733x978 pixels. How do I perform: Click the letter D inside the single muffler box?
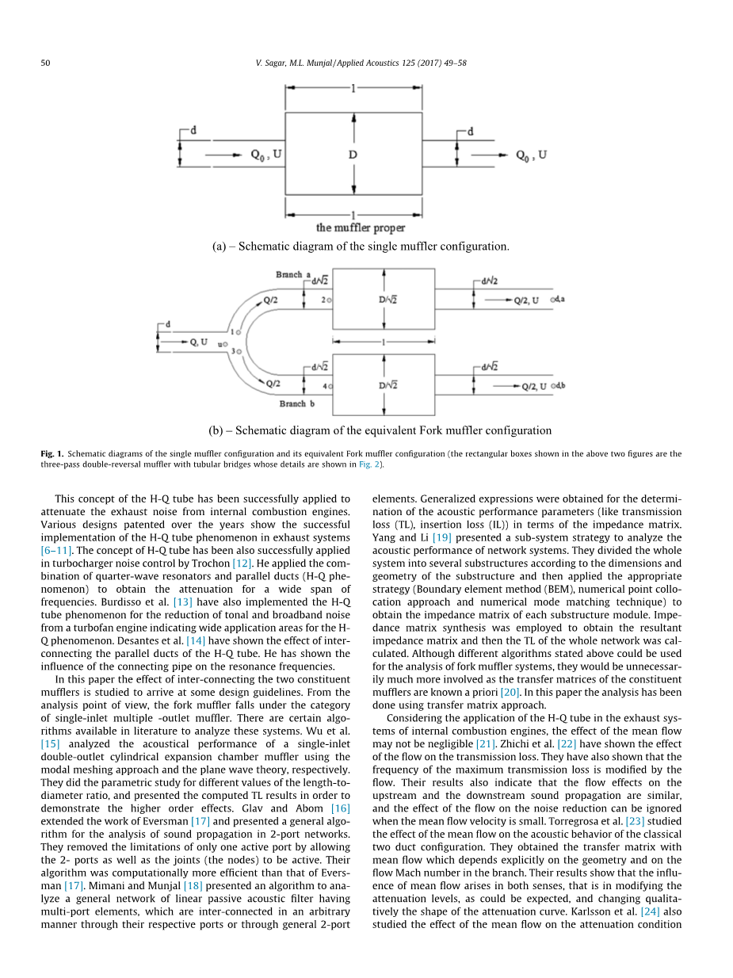tap(353, 155)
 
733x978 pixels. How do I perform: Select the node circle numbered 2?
tap(328, 300)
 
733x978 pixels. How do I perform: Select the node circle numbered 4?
tap(329, 386)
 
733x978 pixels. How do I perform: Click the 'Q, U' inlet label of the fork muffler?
tap(199, 342)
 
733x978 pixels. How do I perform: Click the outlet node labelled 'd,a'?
tap(552, 299)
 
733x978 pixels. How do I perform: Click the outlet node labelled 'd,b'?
tap(552, 385)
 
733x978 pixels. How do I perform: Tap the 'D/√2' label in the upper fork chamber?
tap(387, 299)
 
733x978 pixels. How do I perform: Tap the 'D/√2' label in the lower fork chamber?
tap(387, 385)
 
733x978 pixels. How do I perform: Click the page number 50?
tap(46, 63)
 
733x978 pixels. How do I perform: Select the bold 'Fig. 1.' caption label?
tap(52, 454)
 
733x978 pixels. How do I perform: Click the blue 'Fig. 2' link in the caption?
tap(370, 464)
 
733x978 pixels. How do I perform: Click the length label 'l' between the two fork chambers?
tap(384, 342)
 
